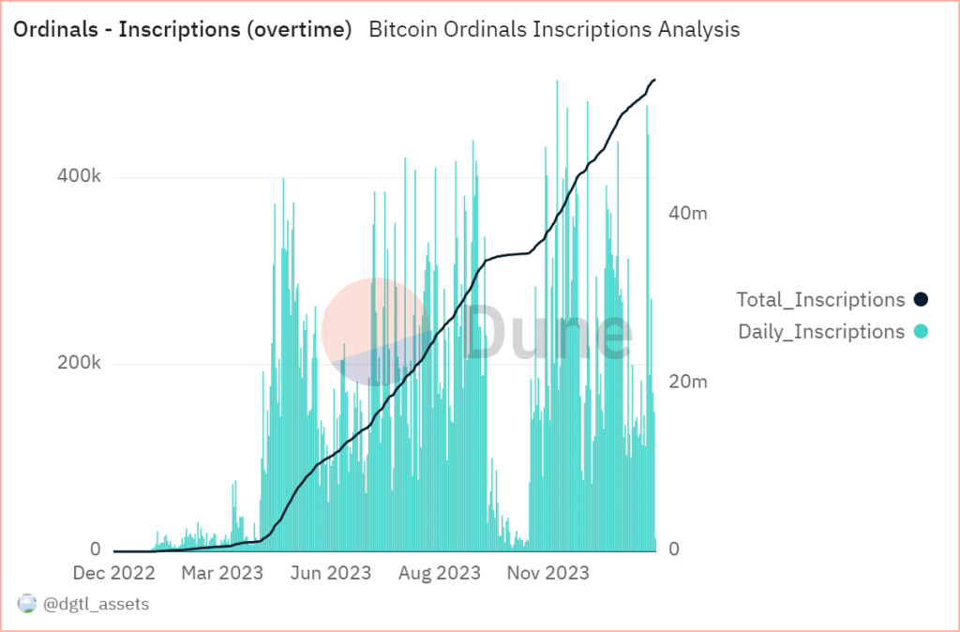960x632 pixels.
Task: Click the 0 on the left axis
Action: click(x=95, y=549)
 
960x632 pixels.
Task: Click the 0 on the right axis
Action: click(x=672, y=550)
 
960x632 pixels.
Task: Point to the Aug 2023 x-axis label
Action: click(x=439, y=572)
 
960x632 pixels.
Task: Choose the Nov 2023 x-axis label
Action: click(x=548, y=572)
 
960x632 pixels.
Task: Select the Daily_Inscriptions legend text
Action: click(x=821, y=331)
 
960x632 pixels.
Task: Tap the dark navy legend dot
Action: click(x=921, y=300)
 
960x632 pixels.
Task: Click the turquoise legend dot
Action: click(x=921, y=331)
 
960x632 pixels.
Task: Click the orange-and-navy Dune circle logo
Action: click(x=372, y=331)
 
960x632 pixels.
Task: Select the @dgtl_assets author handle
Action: click(x=96, y=605)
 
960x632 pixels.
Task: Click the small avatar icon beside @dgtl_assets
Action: click(x=27, y=605)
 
